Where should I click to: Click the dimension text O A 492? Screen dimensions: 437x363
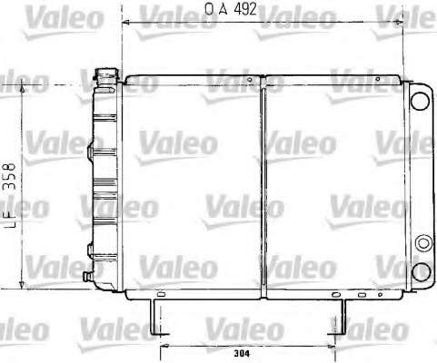click(231, 9)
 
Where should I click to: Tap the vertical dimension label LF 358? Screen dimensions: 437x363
click(9, 195)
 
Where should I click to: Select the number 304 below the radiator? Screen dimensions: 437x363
click(242, 353)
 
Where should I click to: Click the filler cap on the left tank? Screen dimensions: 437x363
click(106, 74)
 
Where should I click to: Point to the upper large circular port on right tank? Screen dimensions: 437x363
click(420, 101)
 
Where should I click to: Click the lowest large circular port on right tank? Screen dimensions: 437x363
click(422, 271)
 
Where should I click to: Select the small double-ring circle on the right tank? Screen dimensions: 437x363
click(423, 243)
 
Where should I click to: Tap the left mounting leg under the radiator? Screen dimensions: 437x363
click(158, 317)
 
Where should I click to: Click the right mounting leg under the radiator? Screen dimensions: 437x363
click(339, 317)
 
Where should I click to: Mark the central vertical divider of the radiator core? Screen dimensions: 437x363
click(263, 187)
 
